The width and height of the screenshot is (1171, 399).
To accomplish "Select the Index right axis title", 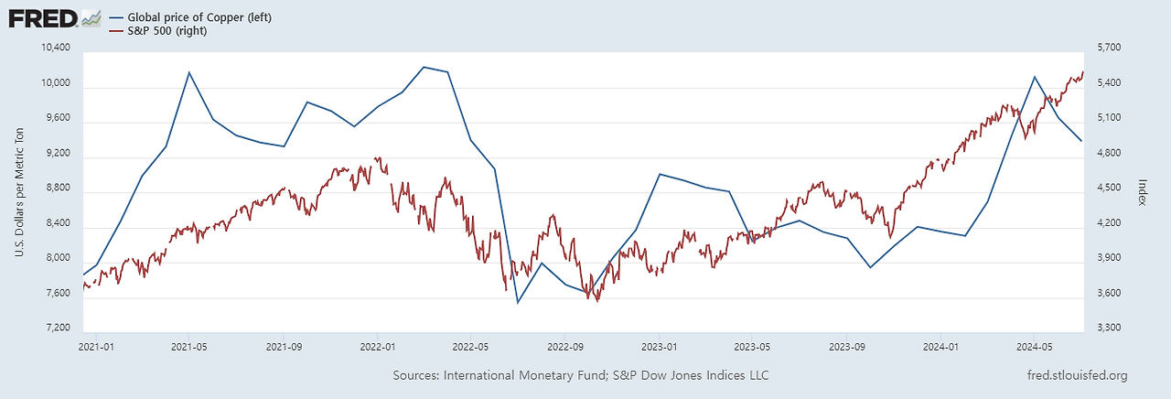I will tap(1144, 192).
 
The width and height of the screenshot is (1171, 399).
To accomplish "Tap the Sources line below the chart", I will tap(580, 376).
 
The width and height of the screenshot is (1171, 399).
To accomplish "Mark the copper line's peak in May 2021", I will tap(189, 71).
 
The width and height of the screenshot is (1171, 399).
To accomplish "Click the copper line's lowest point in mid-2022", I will tap(518, 303).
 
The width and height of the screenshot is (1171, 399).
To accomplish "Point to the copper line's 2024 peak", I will tap(1034, 77).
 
